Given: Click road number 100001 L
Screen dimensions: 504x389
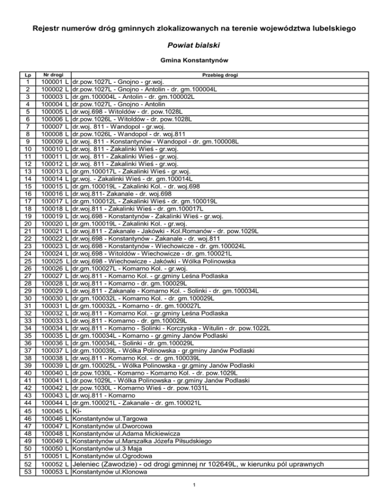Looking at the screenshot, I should [x=55, y=82].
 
